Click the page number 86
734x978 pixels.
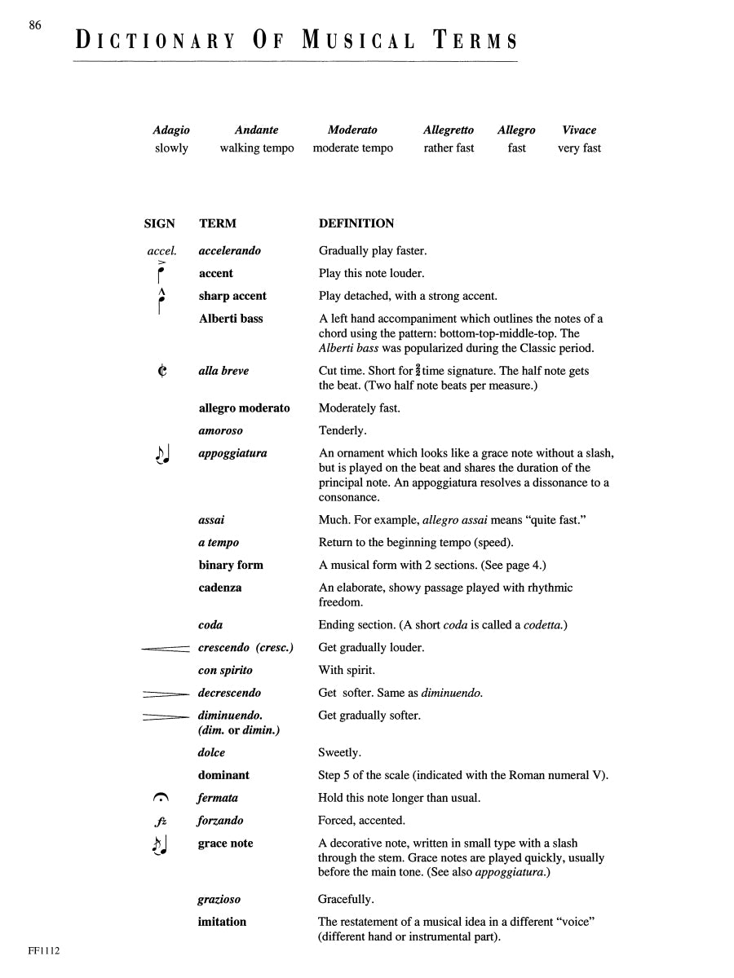(x=35, y=25)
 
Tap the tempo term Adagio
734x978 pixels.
(x=171, y=130)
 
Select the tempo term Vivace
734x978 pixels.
(x=579, y=130)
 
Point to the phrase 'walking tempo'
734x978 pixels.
(x=257, y=148)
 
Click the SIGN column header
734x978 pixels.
(x=159, y=223)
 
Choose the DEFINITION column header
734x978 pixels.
(x=356, y=223)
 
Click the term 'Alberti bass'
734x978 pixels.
(x=231, y=319)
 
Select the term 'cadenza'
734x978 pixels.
(x=220, y=588)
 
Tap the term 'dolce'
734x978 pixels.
(x=212, y=753)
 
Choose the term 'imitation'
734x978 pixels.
(x=222, y=922)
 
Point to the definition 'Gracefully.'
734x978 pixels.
(x=347, y=900)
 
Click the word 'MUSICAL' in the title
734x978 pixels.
(x=358, y=41)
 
